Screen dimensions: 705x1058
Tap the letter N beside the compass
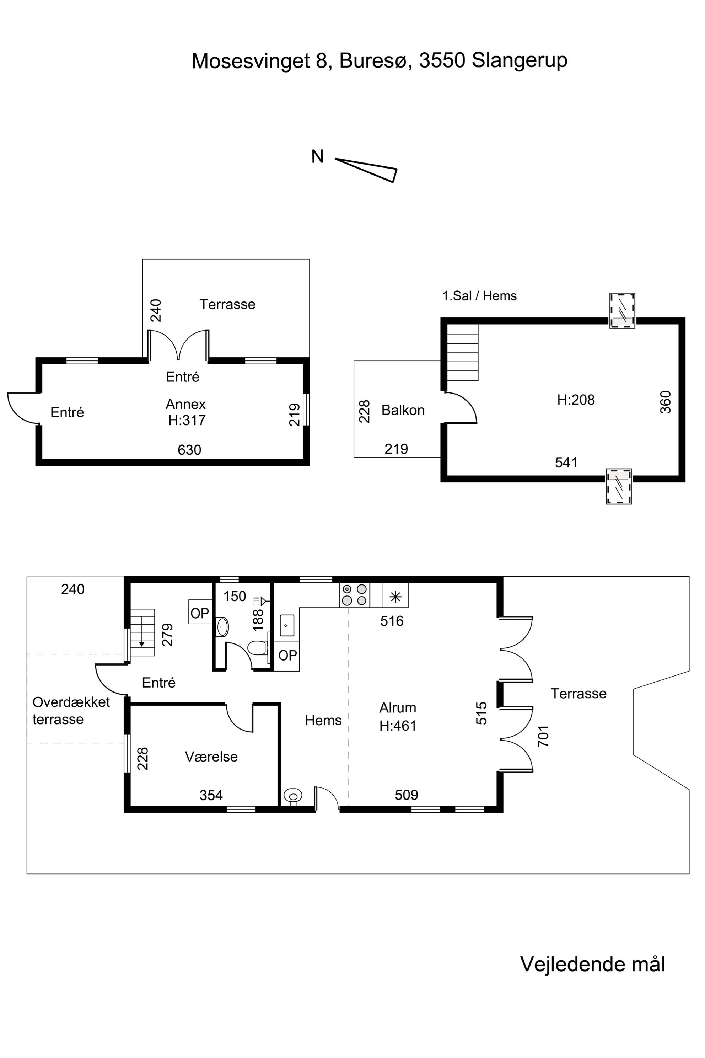click(317, 156)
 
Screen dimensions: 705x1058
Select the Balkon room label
click(403, 410)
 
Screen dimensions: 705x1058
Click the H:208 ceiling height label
click(576, 400)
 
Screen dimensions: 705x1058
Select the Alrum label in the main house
click(398, 707)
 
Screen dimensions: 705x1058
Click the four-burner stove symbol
click(354, 595)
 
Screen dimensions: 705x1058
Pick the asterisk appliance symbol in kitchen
click(395, 597)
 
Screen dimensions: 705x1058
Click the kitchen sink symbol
click(287, 625)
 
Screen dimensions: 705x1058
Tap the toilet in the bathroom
click(258, 648)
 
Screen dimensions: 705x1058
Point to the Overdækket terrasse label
click(71, 710)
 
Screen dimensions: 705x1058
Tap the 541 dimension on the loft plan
click(566, 463)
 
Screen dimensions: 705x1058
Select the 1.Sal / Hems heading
click(479, 296)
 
